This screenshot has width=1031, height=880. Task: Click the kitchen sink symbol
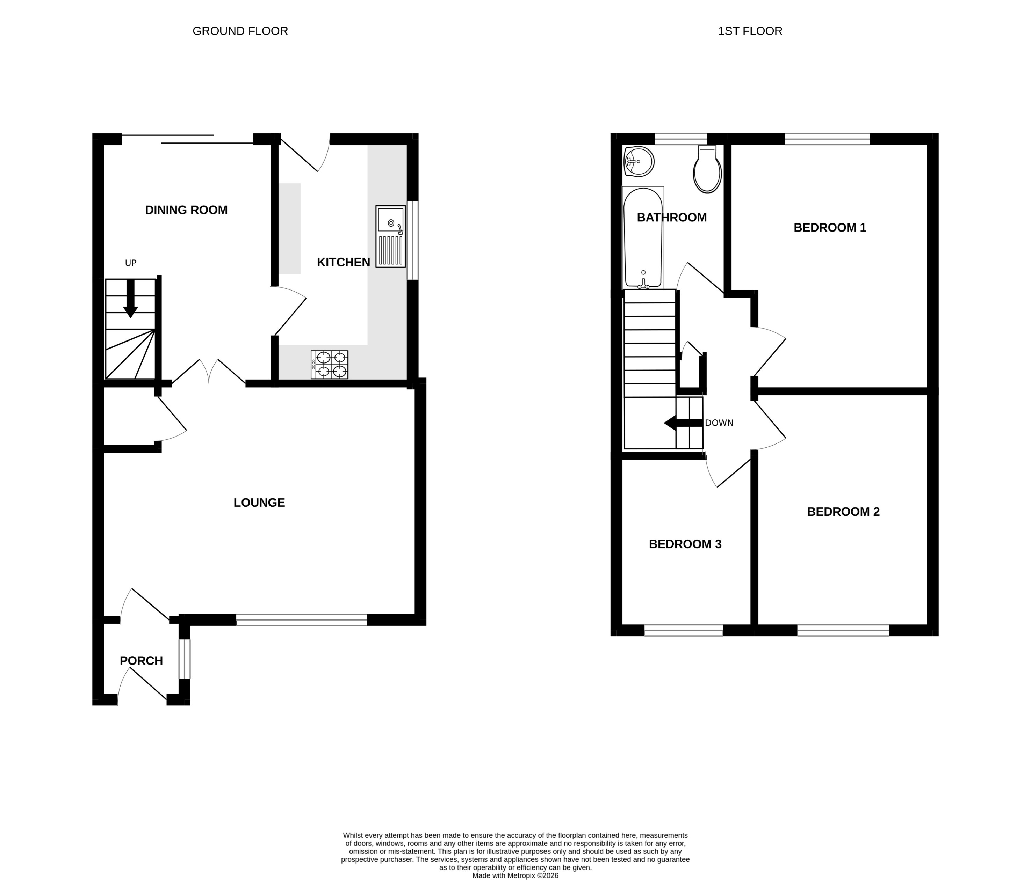(x=391, y=236)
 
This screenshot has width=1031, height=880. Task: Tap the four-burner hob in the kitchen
(x=330, y=365)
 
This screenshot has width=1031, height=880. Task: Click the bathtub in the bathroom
(x=643, y=238)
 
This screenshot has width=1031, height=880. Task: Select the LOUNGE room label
(x=259, y=503)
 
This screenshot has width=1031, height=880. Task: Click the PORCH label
(x=141, y=661)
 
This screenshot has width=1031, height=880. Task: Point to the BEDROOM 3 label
(x=685, y=544)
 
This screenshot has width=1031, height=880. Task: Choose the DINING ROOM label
(x=186, y=210)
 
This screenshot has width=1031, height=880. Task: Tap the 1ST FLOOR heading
(x=750, y=31)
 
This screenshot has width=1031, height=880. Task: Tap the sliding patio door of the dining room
(x=188, y=139)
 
